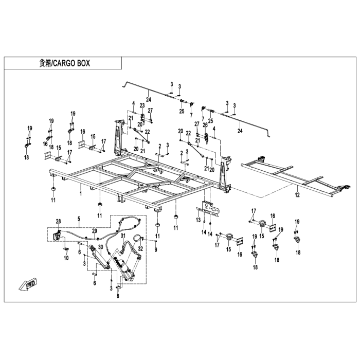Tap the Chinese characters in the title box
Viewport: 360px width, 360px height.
pos(45,63)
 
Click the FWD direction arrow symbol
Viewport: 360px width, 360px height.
pos(26,284)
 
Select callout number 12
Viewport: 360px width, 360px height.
pos(297,195)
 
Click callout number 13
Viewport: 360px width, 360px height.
pos(198,220)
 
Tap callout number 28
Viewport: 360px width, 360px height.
pos(58,221)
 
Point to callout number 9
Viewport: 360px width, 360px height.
pos(156,249)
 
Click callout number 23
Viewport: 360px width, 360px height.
pos(142,105)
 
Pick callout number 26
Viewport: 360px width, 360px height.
pos(204,124)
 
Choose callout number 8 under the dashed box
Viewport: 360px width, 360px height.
pos(118,297)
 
